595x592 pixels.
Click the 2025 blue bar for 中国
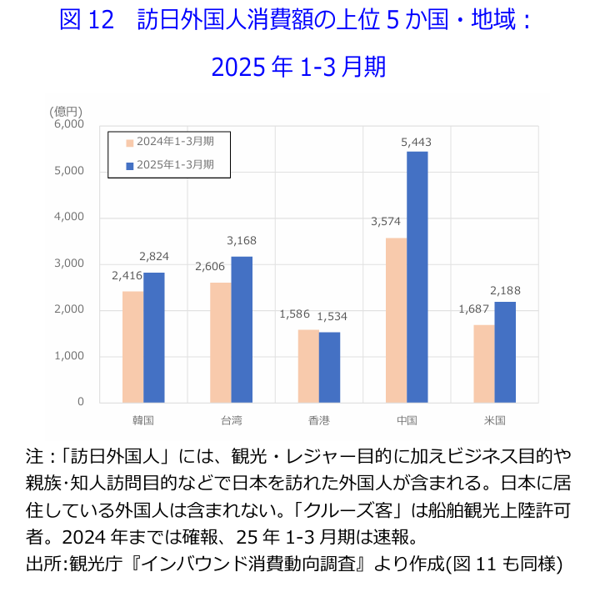(417, 277)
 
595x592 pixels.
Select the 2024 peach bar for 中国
(396, 320)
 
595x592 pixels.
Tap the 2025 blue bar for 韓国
(154, 337)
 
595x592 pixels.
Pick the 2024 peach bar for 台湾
(221, 342)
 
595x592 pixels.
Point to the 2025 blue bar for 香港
(329, 367)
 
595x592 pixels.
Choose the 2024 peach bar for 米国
(484, 364)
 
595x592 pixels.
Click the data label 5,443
(416, 143)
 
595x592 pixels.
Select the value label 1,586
(294, 314)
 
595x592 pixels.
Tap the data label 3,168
(242, 241)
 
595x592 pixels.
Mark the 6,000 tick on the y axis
(69, 124)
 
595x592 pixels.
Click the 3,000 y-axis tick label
(69, 263)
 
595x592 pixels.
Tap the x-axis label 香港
(318, 419)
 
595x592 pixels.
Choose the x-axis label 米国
(494, 419)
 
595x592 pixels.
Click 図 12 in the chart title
(86, 21)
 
